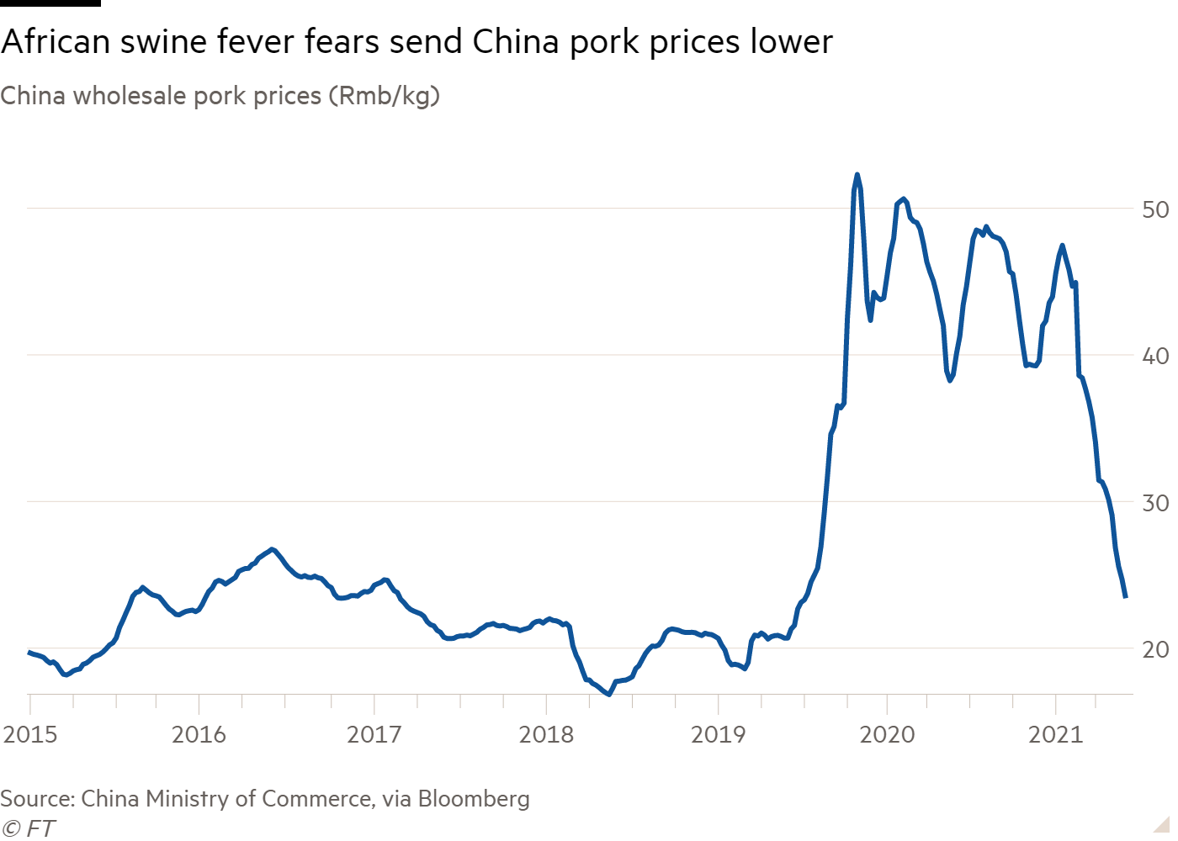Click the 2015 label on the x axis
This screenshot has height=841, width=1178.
pos(30,735)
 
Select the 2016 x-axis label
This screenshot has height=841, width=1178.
pos(199,735)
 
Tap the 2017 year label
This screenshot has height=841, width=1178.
pos(374,735)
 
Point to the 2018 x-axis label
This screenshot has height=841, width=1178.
pos(546,735)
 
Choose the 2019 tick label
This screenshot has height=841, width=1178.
pos(718,735)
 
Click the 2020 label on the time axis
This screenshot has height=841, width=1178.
pos(887,735)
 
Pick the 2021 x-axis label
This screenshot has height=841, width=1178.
pos(1055,735)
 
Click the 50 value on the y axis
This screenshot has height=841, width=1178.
pos(1156,209)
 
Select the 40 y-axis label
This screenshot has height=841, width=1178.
pos(1156,356)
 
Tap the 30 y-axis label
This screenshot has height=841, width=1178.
pos(1156,502)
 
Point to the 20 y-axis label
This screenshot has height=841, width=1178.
pos(1156,649)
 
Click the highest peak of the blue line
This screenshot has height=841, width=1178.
pos(857,175)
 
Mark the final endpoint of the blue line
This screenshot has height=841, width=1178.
pos(1125,597)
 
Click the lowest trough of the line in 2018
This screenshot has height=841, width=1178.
pos(608,694)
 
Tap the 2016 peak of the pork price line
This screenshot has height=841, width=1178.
pos(272,549)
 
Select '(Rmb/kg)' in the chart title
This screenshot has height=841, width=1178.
pos(384,96)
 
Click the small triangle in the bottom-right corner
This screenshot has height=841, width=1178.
pos(1163,825)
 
